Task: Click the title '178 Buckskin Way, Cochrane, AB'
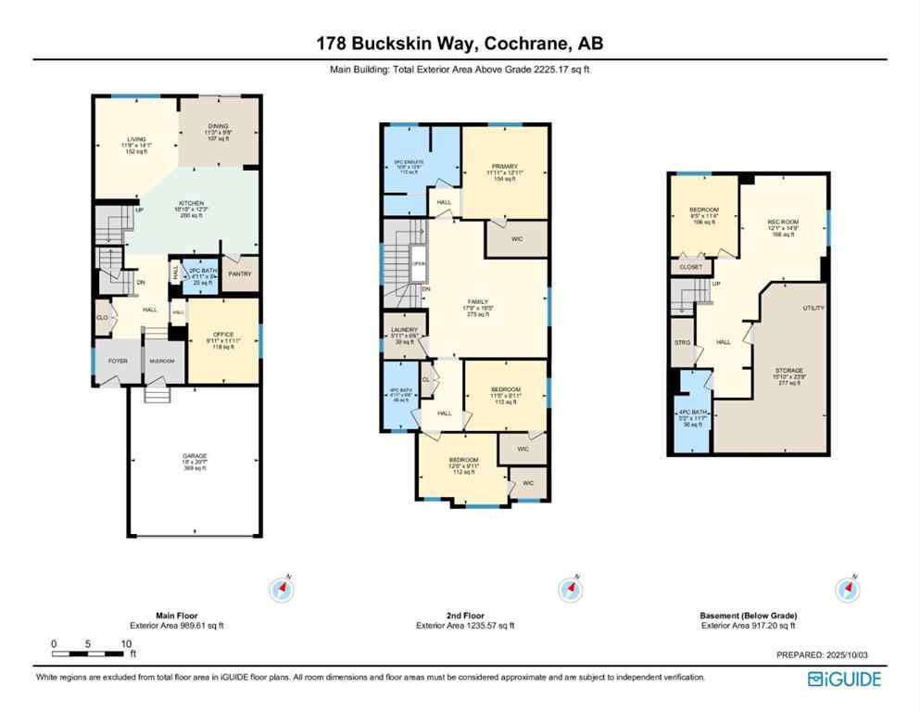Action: click(x=460, y=44)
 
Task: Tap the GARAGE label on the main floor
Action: click(x=194, y=456)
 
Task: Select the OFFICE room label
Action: click(x=222, y=334)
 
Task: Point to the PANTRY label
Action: click(x=240, y=273)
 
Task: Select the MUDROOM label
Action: click(x=163, y=362)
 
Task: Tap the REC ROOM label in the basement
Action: click(x=783, y=222)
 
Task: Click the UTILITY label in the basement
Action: click(x=813, y=308)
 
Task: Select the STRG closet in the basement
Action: click(x=682, y=341)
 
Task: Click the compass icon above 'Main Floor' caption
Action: click(x=283, y=590)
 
